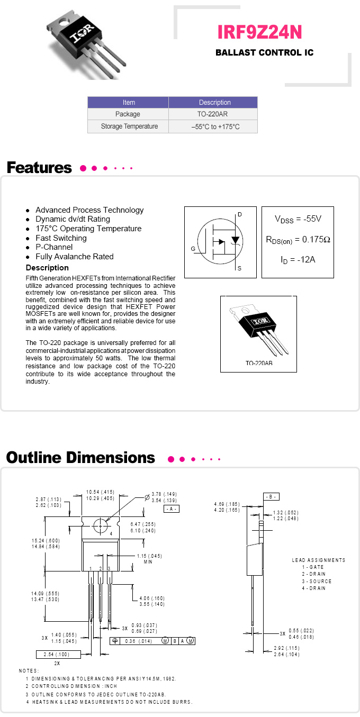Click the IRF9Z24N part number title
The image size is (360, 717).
260,32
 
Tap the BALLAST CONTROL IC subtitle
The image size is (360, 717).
264,53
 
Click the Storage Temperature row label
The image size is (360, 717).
129,126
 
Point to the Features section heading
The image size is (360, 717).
39,168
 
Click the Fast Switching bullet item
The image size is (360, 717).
61,238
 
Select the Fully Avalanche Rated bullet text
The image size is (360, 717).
74,257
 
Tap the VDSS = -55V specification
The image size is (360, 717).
298,219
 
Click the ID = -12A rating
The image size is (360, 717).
298,260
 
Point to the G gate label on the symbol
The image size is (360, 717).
193,248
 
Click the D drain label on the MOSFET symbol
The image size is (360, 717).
239,214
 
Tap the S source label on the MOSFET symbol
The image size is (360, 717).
239,269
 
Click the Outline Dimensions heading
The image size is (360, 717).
80,458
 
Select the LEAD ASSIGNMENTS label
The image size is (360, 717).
318,560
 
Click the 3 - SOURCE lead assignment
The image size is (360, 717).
317,581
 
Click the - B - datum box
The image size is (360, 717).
271,497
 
